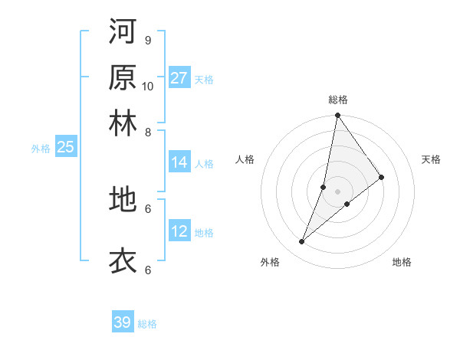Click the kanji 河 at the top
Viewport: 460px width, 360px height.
point(123,32)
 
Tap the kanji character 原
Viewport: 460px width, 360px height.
point(123,77)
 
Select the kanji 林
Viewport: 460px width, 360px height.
point(123,123)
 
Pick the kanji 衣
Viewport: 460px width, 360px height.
point(123,260)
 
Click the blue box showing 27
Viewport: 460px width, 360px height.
point(179,78)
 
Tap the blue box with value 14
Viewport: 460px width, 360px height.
point(179,162)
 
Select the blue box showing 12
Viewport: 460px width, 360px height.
point(179,231)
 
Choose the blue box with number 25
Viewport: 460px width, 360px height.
point(65,147)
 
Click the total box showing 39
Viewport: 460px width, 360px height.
point(123,322)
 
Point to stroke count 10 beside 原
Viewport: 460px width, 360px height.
point(148,86)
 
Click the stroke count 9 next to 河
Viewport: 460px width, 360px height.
point(148,40)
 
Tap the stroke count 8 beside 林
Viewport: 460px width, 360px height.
point(148,132)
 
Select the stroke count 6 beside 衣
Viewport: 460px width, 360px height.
point(148,270)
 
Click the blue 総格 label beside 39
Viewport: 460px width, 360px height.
point(147,324)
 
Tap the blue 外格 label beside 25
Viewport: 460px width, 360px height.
point(41,149)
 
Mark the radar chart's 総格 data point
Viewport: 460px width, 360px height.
point(337,116)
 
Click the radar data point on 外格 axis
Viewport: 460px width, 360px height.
point(302,242)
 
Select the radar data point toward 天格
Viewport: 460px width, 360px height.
point(382,177)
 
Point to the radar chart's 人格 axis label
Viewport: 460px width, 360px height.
point(245,159)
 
